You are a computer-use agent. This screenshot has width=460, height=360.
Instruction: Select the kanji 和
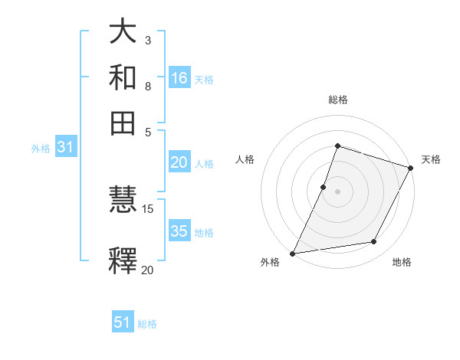pos(123,79)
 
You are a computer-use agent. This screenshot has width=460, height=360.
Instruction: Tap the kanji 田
pos(123,123)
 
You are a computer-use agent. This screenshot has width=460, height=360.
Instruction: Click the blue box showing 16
pos(179,78)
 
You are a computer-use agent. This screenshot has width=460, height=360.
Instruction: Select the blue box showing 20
pos(179,162)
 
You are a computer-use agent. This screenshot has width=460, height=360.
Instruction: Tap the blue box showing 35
pos(179,231)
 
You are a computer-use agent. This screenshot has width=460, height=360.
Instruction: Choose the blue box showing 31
pos(65,148)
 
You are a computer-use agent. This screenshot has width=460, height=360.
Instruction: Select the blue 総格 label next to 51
pos(147,324)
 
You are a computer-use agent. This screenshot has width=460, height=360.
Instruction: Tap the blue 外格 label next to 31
pos(41,149)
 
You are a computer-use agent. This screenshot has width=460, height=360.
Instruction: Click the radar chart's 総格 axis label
pos(337,100)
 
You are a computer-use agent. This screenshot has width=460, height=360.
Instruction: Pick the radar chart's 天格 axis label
pos(431,159)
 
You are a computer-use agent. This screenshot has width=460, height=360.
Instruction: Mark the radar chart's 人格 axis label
pos(245,159)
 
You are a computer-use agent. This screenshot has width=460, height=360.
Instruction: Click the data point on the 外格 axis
pos(292,253)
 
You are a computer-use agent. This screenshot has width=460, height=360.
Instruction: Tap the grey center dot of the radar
pos(337,191)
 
